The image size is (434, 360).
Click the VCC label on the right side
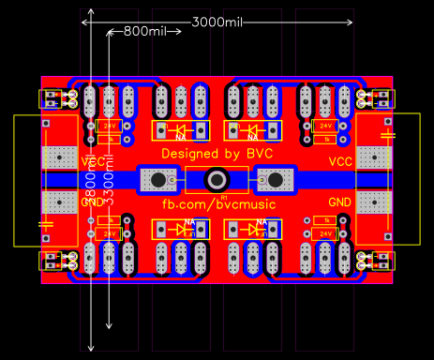tap(340, 162)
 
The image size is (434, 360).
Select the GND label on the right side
tap(340, 202)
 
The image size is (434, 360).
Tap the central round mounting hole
tap(217, 179)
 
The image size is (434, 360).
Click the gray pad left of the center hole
tap(158, 179)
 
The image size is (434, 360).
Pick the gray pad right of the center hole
tap(275, 179)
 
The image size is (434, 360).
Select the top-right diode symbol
tap(253, 129)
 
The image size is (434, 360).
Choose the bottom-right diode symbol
tap(253, 229)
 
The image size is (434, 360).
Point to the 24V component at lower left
tap(108, 232)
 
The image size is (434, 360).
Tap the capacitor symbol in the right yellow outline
tap(388, 136)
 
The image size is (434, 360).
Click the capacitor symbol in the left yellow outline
tap(44, 223)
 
